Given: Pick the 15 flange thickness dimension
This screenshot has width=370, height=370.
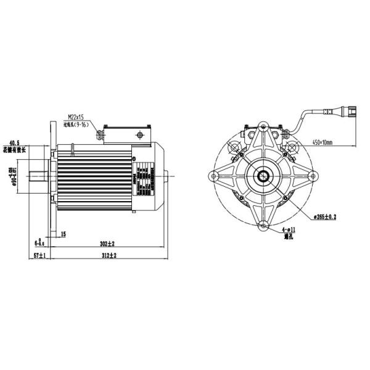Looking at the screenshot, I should point(64,234).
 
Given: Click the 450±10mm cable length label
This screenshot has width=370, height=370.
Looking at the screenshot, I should point(322,142).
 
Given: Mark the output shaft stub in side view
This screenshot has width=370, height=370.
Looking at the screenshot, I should point(39,176).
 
